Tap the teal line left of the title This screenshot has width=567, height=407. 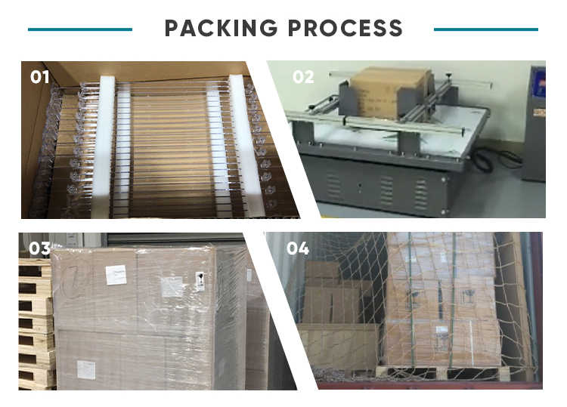(79, 29)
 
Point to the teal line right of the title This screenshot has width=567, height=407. (486, 29)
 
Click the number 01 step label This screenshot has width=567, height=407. (39, 77)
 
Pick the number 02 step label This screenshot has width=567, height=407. (303, 77)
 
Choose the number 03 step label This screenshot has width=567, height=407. (39, 248)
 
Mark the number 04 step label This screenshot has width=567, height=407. (297, 248)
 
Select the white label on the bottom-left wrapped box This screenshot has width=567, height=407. (86, 369)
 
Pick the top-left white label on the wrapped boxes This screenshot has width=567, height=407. (116, 276)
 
